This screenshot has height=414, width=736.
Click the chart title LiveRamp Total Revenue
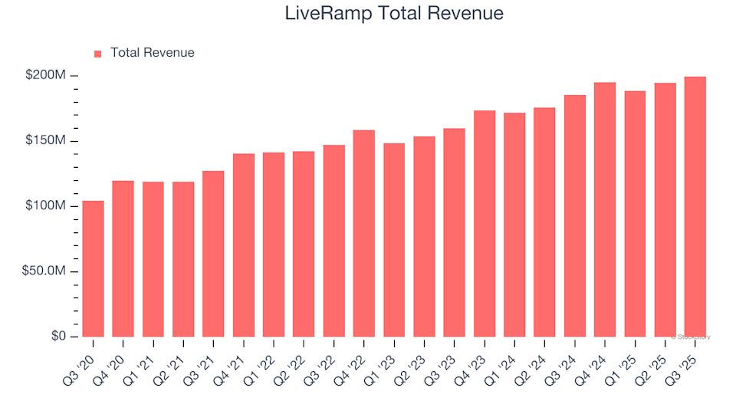tap(394, 13)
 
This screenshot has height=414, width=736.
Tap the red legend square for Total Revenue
tap(97, 54)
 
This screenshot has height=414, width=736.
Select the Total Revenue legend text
tap(152, 53)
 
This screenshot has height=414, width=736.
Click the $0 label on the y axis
tap(58, 337)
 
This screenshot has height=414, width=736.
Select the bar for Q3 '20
tap(93, 268)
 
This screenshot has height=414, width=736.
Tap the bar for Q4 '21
tap(244, 245)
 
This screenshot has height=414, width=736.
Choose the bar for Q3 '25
tap(695, 207)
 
